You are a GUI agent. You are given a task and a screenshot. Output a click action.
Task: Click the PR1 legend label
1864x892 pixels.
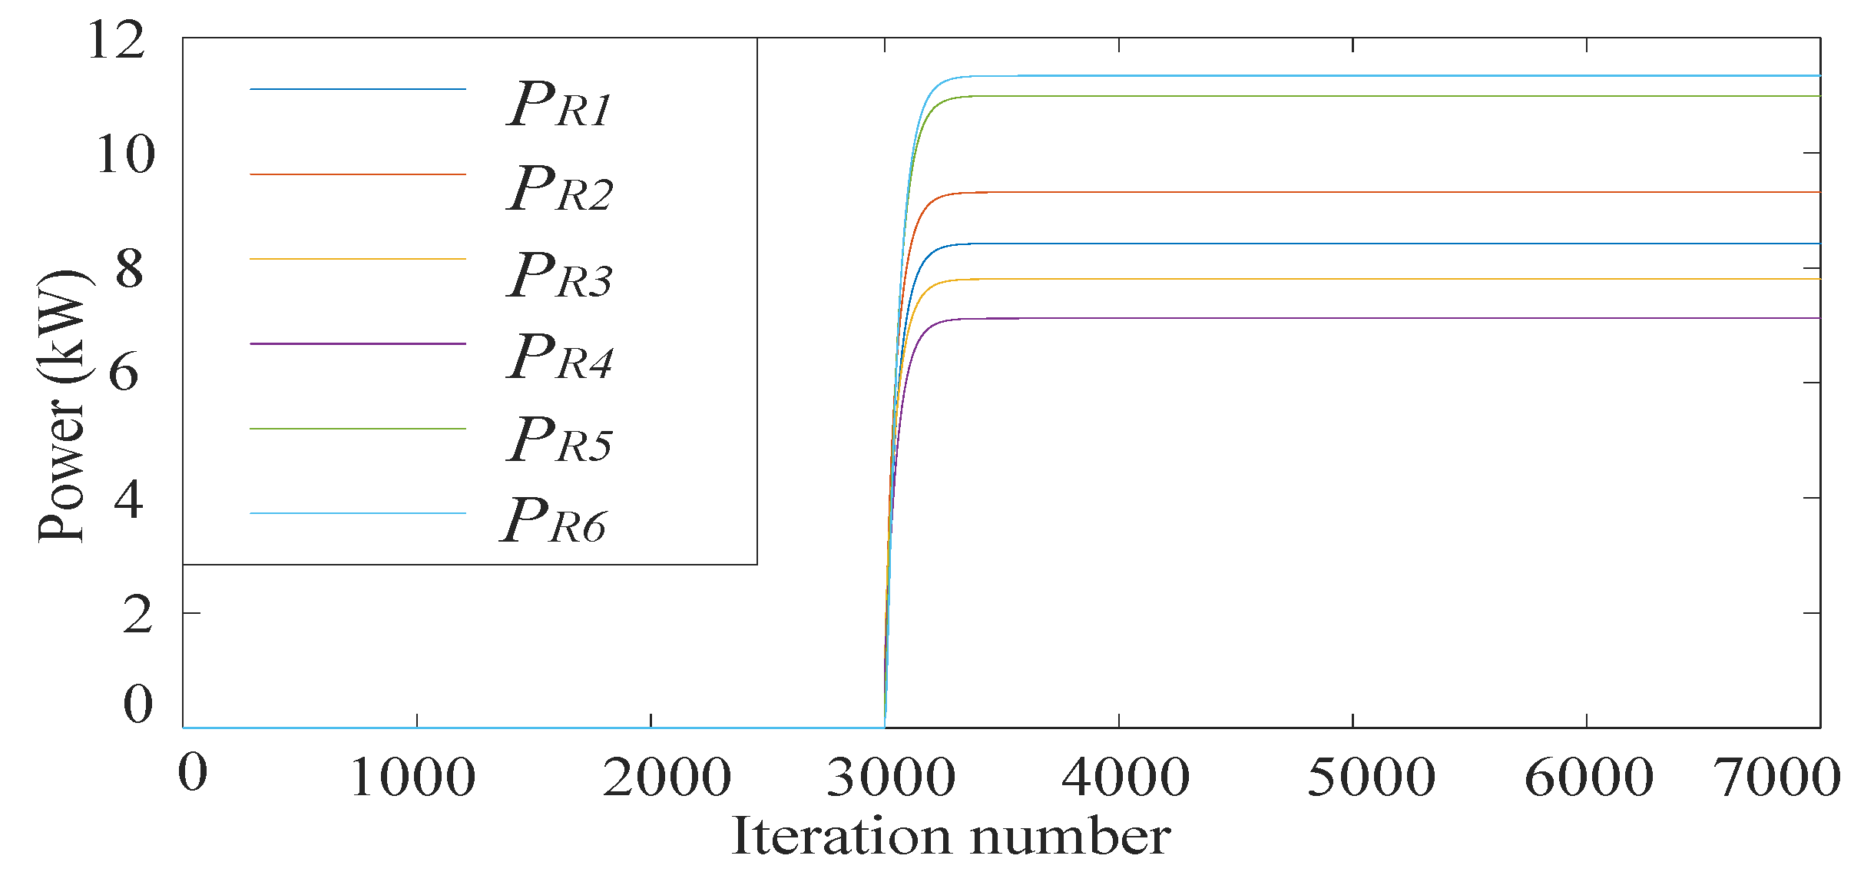559,105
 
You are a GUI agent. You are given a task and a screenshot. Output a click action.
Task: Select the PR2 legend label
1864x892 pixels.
559,190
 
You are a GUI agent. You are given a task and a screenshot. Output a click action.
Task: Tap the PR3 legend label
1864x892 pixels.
559,276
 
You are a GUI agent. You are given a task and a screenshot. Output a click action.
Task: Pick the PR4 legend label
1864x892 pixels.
559,358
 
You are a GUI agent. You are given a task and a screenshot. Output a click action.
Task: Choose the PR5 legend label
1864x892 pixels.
559,441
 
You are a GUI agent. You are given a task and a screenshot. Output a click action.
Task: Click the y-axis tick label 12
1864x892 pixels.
116,41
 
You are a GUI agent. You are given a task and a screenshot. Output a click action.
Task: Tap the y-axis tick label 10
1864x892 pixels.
125,154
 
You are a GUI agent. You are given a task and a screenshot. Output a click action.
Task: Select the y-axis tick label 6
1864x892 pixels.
124,373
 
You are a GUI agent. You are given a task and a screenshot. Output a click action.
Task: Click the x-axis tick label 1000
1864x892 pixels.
412,777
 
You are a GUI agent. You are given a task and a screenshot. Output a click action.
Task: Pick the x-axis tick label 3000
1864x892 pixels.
891,777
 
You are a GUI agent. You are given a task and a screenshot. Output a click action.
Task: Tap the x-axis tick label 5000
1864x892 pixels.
1371,777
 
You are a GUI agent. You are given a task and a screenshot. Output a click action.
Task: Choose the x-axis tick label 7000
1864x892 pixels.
1777,777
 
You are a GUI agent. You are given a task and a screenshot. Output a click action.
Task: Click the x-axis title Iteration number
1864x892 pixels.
951,837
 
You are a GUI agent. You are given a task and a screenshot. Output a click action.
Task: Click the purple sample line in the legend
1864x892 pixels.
357,343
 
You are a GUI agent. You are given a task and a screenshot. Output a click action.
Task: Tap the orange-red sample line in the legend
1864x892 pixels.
357,174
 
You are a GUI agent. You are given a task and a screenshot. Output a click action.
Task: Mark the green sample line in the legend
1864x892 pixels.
357,428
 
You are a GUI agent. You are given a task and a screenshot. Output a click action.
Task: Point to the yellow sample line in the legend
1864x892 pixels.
357,259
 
